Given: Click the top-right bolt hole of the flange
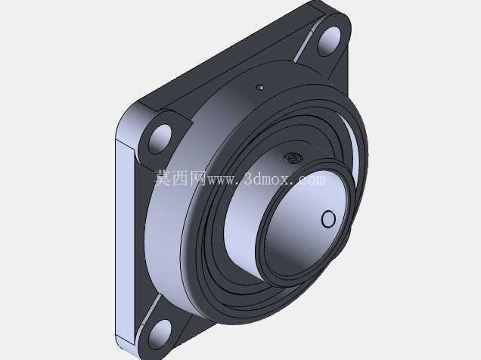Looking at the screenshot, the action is point(329,41).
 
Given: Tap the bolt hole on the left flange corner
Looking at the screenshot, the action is point(160,138).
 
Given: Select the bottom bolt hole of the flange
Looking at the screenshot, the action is point(160,335).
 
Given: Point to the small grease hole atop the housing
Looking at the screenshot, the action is point(260,88).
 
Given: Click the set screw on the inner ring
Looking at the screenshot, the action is point(293,158).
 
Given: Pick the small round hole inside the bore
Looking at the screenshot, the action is point(328,219).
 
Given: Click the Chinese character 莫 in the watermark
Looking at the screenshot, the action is point(162,178).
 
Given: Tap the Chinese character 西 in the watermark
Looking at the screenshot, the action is point(180,178).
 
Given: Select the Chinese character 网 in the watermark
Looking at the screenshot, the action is point(197,178).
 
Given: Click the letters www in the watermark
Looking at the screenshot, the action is point(222,181).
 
